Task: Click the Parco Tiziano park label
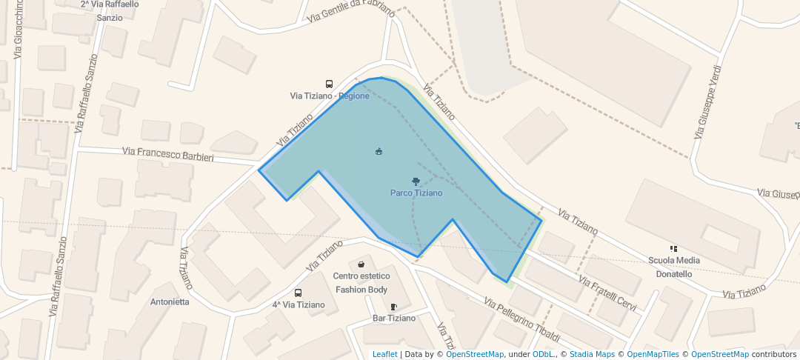[416, 193]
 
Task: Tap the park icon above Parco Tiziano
[416, 181]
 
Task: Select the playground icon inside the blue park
[379, 152]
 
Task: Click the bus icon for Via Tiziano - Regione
[329, 84]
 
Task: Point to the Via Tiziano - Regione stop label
[329, 96]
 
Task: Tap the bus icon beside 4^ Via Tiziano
[298, 293]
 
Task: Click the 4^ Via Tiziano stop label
[299, 304]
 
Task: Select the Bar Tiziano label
[393, 319]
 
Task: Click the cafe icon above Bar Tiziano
[393, 307]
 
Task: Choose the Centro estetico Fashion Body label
[361, 283]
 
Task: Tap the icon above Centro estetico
[361, 264]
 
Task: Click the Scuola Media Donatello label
[674, 267]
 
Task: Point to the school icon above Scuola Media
[673, 249]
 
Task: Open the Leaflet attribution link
[384, 354]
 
